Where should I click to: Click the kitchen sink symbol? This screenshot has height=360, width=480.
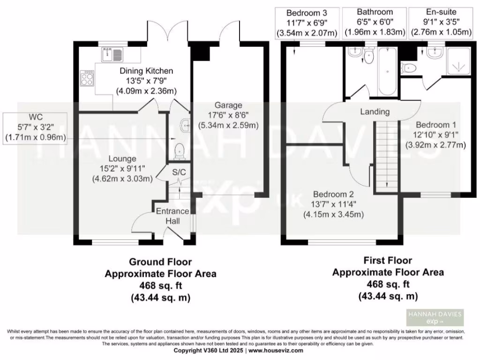pos(111,55)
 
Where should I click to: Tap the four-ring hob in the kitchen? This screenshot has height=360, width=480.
pos(88,77)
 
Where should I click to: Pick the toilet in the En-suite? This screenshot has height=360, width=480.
pos(409,68)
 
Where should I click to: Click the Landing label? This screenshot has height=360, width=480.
pos(375,112)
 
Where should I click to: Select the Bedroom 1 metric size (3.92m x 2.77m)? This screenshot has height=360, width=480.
pos(435,145)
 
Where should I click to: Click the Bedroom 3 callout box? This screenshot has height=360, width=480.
pos(306,22)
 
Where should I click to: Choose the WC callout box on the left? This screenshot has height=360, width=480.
pos(35,127)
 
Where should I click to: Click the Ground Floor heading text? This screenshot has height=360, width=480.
pos(160,262)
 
